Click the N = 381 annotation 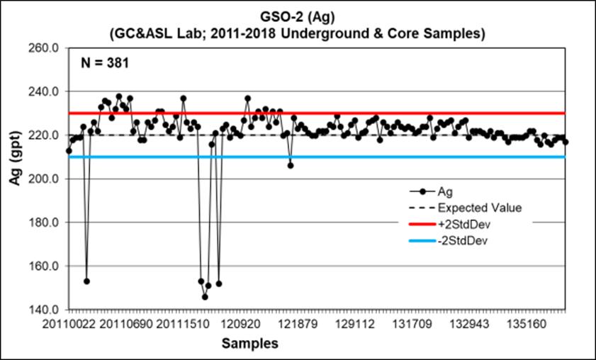coord(102,62)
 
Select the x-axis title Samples coord(249,344)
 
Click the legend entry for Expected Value coord(480,208)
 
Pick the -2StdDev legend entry coord(464,240)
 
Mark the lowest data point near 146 coord(205,297)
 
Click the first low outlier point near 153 coord(86,281)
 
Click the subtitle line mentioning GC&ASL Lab coord(298,33)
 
